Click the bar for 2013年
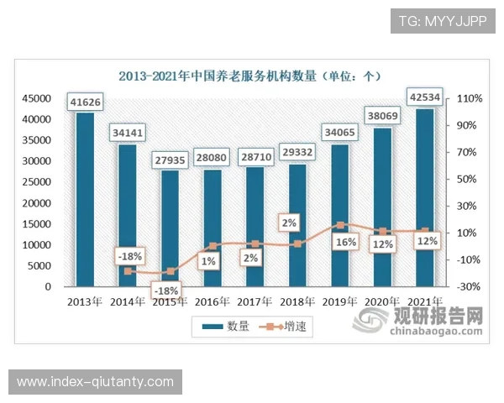(x=85, y=201)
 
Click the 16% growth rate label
(x=346, y=242)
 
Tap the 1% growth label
(x=208, y=261)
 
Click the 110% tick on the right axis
(x=468, y=98)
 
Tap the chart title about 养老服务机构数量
(x=249, y=76)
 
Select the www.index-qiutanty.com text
(x=96, y=382)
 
